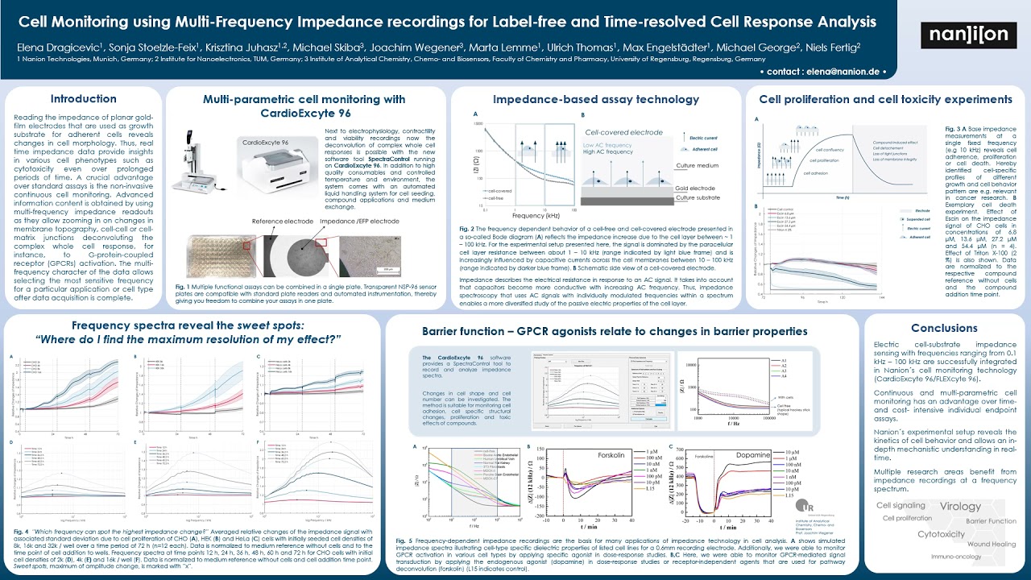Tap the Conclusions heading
click(x=943, y=328)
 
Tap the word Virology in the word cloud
click(x=960, y=507)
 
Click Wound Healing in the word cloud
click(x=992, y=544)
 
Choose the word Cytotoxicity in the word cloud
click(x=941, y=533)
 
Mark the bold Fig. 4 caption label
click(x=21, y=532)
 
